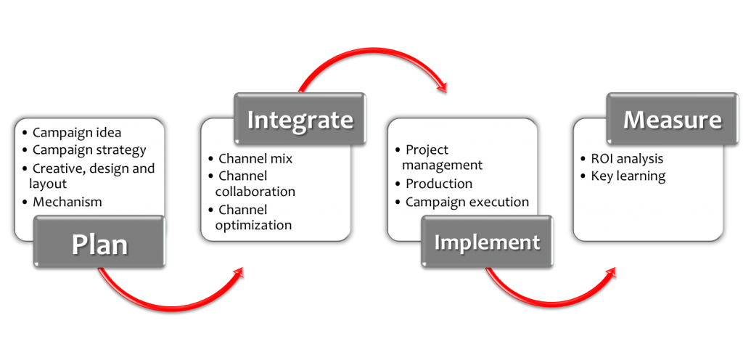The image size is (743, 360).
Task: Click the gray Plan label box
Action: click(x=99, y=244)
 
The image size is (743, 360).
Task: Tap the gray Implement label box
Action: click(x=487, y=242)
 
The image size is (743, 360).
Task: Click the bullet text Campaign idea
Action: click(x=77, y=132)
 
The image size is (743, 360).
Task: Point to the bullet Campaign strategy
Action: click(x=89, y=150)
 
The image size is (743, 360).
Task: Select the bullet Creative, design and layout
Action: click(x=93, y=176)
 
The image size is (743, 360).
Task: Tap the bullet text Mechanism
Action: click(x=67, y=202)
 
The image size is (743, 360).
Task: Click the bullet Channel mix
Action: click(x=255, y=158)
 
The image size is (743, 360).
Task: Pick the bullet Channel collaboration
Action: click(x=255, y=184)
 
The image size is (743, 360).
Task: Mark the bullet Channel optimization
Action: click(x=253, y=217)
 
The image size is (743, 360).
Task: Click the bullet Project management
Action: click(x=439, y=157)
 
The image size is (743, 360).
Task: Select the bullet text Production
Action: click(x=438, y=184)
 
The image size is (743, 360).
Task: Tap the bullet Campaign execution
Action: click(x=467, y=202)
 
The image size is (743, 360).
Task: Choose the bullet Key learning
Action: click(x=628, y=176)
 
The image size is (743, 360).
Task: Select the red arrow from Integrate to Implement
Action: click(x=370, y=61)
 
